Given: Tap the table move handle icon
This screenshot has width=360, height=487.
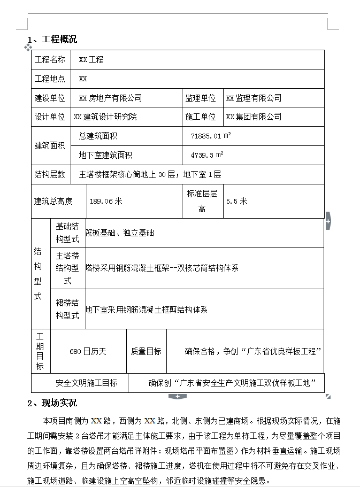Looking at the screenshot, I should (x=28, y=48).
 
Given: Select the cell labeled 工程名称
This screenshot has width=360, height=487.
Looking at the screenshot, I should (x=50, y=60).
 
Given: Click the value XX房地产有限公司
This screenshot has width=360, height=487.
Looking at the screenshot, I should (x=110, y=98).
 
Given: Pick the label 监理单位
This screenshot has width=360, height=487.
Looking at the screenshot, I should (x=201, y=98).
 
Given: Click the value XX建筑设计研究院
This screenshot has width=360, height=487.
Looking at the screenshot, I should (x=105, y=117).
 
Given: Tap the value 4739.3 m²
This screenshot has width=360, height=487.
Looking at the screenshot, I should (x=207, y=155).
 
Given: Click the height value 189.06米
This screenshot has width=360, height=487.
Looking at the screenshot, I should (x=106, y=201).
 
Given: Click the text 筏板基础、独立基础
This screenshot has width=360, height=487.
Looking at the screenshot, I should (x=120, y=233).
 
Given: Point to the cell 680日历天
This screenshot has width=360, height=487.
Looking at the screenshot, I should (x=88, y=351).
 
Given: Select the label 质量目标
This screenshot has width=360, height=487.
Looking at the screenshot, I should (x=146, y=351).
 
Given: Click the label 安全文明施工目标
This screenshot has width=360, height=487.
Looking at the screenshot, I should (x=87, y=383).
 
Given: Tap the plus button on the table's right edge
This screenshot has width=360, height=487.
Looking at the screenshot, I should (x=328, y=220).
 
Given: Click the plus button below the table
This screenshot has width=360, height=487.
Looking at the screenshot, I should (x=177, y=396).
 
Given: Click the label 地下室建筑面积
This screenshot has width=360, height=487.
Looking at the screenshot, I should (x=105, y=155).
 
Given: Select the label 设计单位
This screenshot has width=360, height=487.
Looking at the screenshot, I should (x=50, y=117).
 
